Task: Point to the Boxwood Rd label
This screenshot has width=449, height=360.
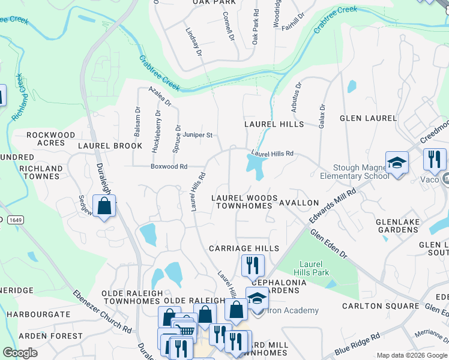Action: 169,166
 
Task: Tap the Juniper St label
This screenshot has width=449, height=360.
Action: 198,135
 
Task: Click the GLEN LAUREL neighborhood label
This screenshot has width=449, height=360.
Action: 368,118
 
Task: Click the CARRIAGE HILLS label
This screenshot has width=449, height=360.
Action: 244,248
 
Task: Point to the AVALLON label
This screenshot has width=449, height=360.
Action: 299,203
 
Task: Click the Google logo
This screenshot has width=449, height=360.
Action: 20,352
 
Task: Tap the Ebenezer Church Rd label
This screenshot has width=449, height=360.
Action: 102,311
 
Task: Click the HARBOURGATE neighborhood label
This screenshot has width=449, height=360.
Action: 35,314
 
